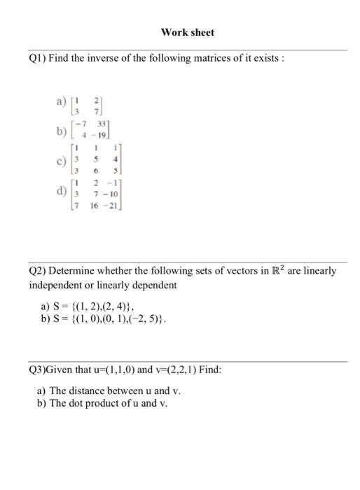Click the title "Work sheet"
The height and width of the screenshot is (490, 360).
point(187,32)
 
